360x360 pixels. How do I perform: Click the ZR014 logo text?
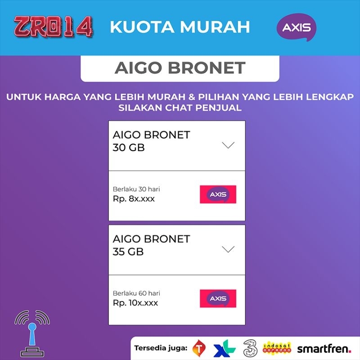click(x=53, y=27)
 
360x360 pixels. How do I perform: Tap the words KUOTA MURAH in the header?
click(x=180, y=27)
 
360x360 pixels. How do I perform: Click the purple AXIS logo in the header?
click(x=296, y=27)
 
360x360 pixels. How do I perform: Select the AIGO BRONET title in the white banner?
click(x=180, y=68)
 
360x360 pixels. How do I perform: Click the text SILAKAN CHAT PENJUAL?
click(x=180, y=108)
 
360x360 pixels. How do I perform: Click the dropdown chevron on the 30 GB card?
click(x=229, y=145)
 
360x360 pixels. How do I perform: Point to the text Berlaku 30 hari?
click(x=136, y=189)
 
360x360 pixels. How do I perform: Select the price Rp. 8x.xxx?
click(x=134, y=198)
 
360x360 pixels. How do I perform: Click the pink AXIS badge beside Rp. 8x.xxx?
click(x=218, y=194)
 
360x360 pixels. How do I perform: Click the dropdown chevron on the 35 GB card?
click(x=229, y=249)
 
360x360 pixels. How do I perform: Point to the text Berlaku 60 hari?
click(x=136, y=293)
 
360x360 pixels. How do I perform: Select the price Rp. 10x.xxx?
click(x=135, y=303)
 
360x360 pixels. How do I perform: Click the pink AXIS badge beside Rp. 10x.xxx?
click(x=218, y=299)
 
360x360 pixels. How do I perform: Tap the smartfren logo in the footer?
click(x=324, y=348)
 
